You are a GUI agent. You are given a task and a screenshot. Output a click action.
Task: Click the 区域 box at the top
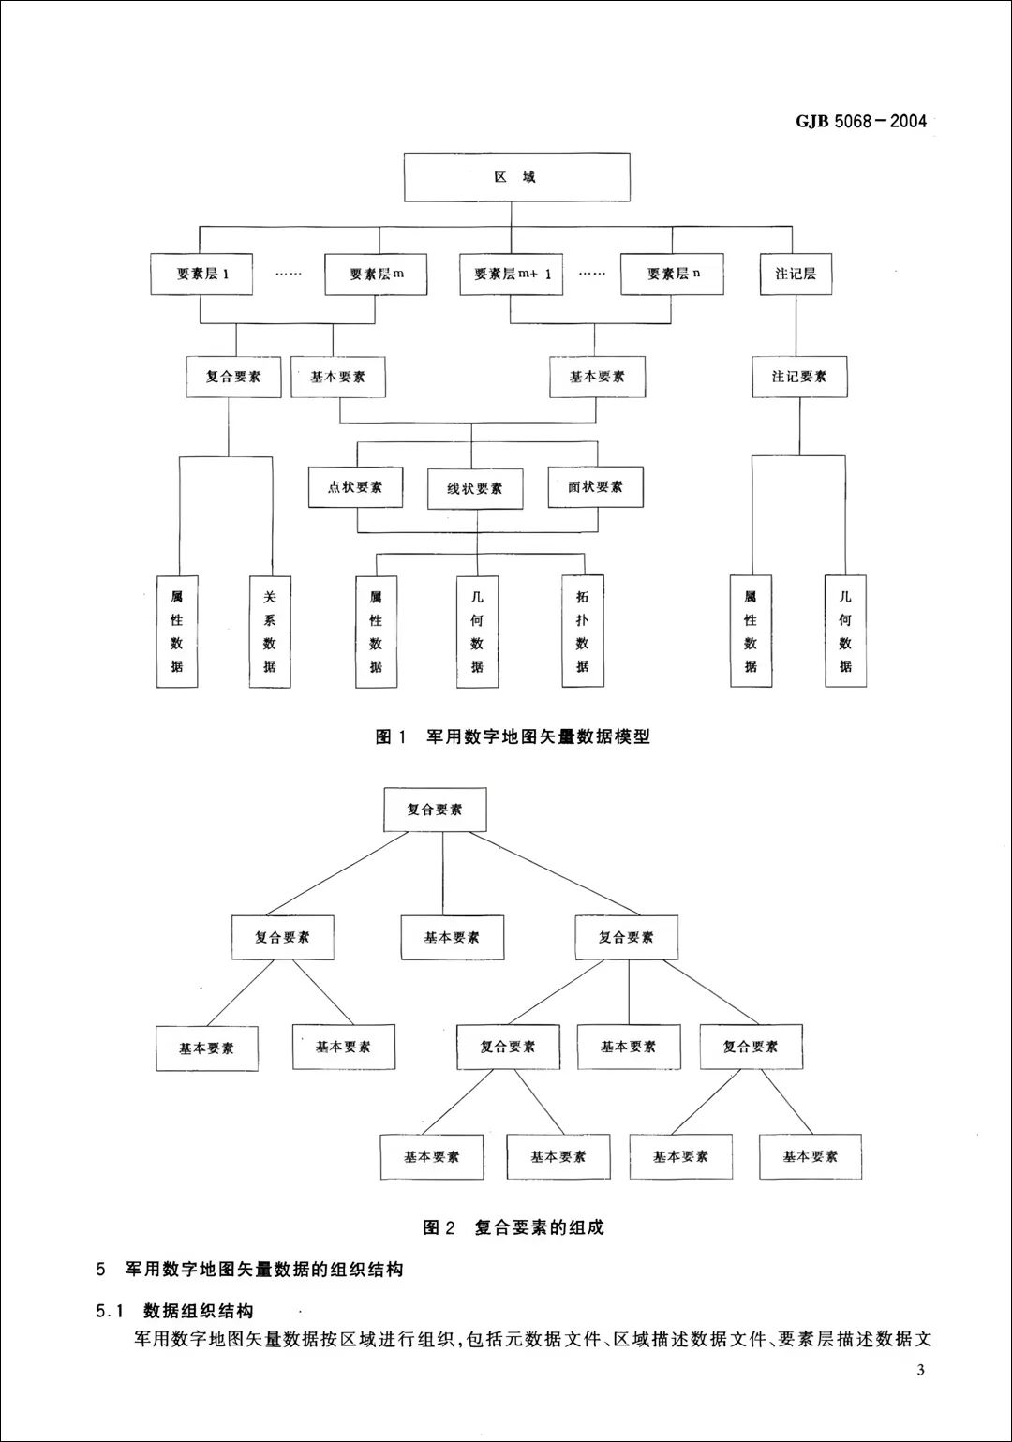pyautogui.click(x=516, y=177)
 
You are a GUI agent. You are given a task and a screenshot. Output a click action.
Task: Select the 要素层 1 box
pyautogui.click(x=201, y=275)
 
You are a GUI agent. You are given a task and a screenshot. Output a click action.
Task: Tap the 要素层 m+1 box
pyautogui.click(x=512, y=275)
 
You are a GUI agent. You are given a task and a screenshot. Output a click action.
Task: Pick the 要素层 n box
pyautogui.click(x=672, y=275)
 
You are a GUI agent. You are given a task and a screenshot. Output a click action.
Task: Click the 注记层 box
pyautogui.click(x=795, y=275)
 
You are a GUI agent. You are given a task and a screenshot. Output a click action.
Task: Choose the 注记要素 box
pyautogui.click(x=799, y=377)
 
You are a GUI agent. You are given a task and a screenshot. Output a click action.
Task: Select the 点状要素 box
pyautogui.click(x=355, y=487)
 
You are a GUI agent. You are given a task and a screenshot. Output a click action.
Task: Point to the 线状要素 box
pyautogui.click(x=475, y=488)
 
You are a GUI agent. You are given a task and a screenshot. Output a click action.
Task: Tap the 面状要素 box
pyautogui.click(x=595, y=487)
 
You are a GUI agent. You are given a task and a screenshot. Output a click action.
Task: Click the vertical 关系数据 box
pyautogui.click(x=270, y=631)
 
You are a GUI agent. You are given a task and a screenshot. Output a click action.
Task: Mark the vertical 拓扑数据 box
pyautogui.click(x=583, y=631)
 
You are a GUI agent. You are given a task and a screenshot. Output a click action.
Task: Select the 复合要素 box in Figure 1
pyautogui.click(x=233, y=377)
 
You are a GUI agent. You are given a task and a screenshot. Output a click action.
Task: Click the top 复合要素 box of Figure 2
pyautogui.click(x=435, y=810)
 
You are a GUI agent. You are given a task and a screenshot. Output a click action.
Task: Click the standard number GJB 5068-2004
pyautogui.click(x=860, y=121)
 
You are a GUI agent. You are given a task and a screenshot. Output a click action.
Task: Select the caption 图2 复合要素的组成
pyautogui.click(x=513, y=1227)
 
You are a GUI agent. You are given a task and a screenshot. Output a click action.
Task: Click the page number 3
pyautogui.click(x=920, y=1372)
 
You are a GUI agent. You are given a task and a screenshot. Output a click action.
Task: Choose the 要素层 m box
pyautogui.click(x=376, y=275)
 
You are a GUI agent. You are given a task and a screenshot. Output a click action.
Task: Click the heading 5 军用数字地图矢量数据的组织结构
pyautogui.click(x=250, y=1271)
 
